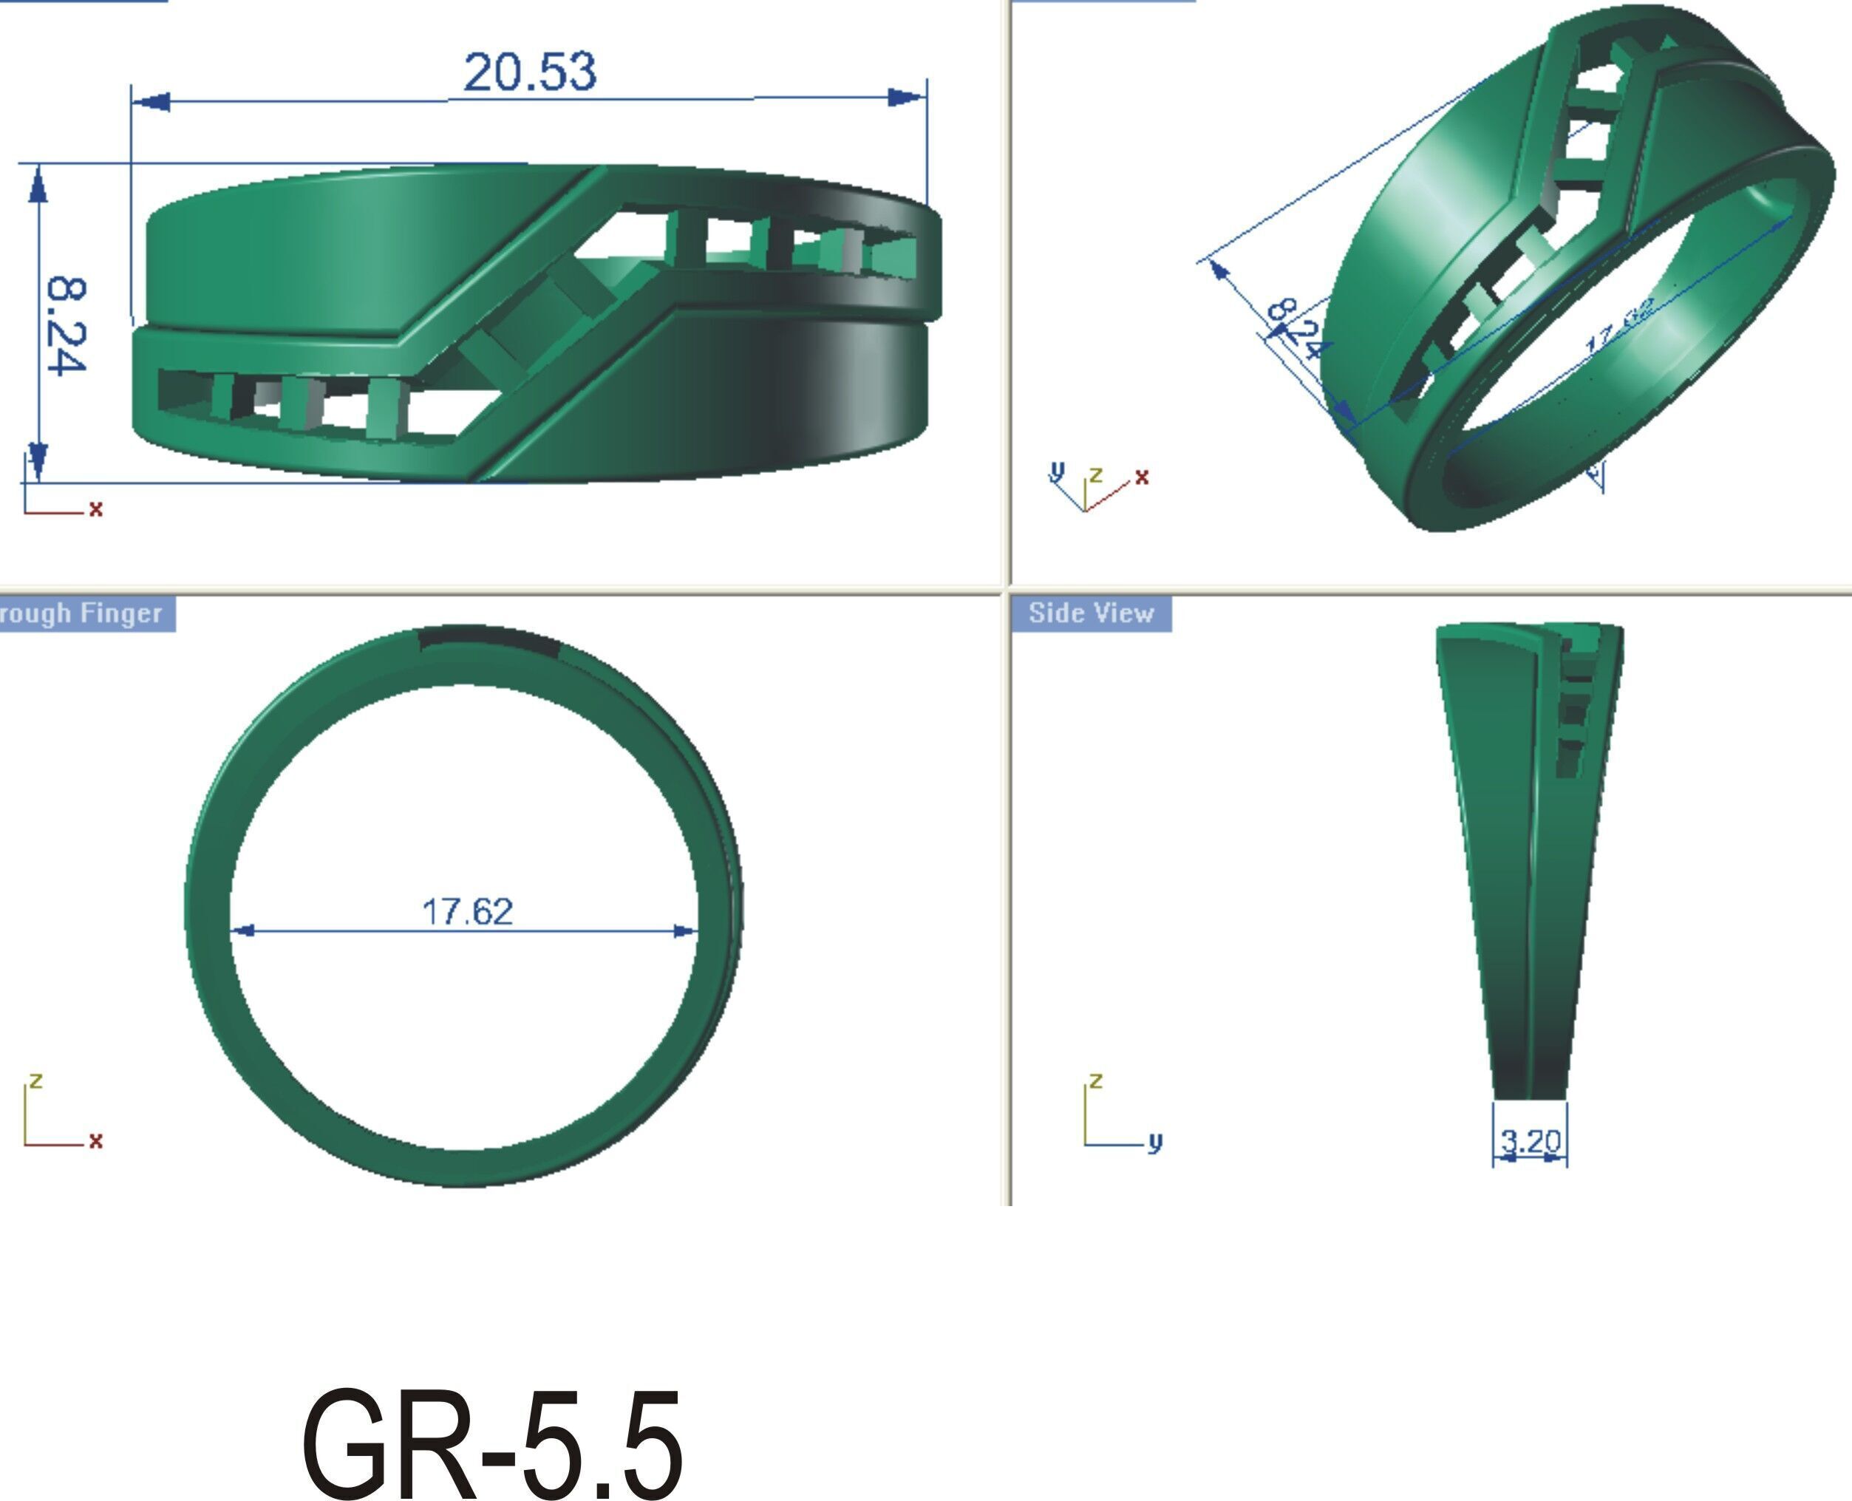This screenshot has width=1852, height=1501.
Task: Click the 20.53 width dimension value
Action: (x=529, y=72)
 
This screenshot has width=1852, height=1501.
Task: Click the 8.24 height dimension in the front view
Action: (x=66, y=325)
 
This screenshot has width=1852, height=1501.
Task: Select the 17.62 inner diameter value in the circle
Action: (x=467, y=911)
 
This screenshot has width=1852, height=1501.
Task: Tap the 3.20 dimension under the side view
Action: (x=1531, y=1141)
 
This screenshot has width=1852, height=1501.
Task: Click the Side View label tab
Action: (x=1091, y=613)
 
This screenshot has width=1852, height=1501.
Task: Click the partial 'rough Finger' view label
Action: (x=82, y=613)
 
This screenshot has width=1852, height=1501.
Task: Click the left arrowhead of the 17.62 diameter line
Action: (x=244, y=931)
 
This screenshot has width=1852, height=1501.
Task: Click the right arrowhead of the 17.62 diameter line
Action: (x=685, y=931)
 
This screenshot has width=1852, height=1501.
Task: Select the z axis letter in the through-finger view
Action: (x=35, y=1080)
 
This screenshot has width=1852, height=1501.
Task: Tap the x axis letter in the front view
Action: (x=95, y=508)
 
